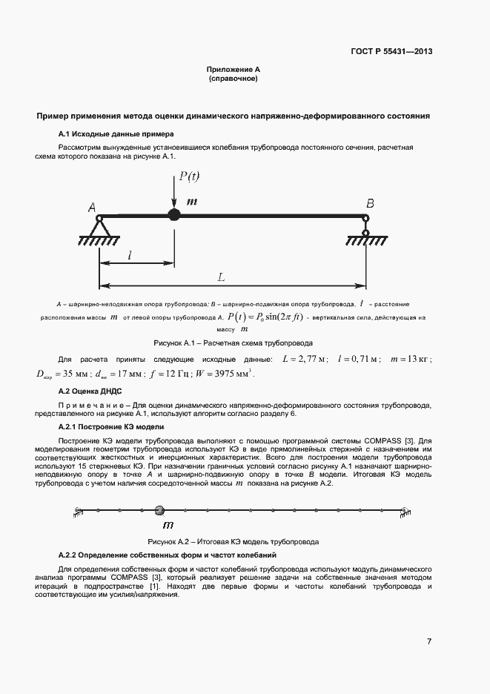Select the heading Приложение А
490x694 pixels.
click(x=233, y=69)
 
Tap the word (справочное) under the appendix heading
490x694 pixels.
click(x=233, y=78)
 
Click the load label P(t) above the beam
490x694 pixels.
click(x=188, y=176)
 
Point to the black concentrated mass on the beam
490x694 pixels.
click(x=174, y=215)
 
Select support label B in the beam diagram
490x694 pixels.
click(x=368, y=203)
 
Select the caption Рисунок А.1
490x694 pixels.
click(x=233, y=343)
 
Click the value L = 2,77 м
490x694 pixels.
click(x=303, y=360)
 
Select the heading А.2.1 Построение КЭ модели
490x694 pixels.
click(x=111, y=427)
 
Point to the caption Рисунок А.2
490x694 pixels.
click(x=233, y=541)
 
